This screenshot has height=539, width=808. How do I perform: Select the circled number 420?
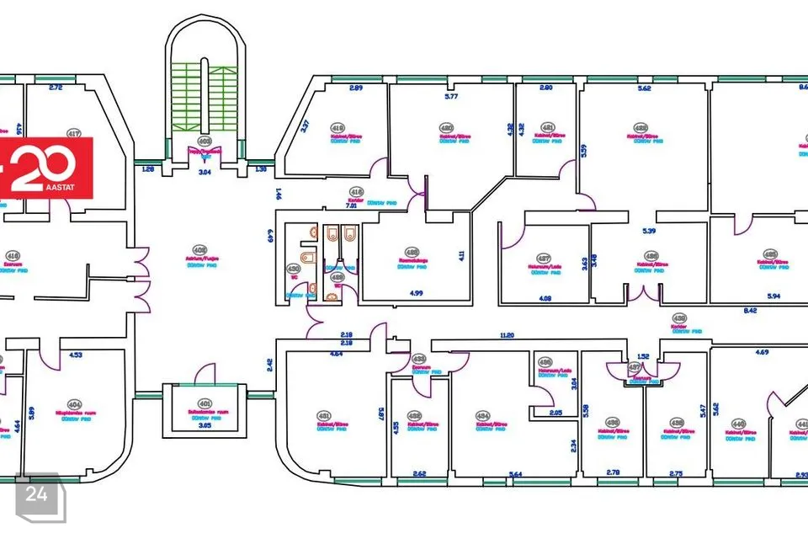tap(446, 128)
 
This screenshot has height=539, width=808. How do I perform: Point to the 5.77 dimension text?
tap(451, 97)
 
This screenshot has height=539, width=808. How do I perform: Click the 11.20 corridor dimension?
tap(506, 335)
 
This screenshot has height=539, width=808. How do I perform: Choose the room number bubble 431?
tap(323, 415)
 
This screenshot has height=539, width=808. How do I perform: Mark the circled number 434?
tap(482, 415)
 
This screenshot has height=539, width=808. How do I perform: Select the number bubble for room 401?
tap(204, 403)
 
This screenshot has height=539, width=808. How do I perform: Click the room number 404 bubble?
tap(75, 404)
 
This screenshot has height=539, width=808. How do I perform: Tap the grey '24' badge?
tap(37, 494)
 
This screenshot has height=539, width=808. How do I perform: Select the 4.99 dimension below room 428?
tap(416, 293)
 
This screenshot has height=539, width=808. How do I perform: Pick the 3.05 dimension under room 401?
tap(203, 426)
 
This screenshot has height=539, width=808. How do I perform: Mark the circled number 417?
tap(74, 133)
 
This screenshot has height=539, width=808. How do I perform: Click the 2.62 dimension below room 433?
tap(418, 474)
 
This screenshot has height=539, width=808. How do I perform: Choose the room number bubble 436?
tap(613, 422)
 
